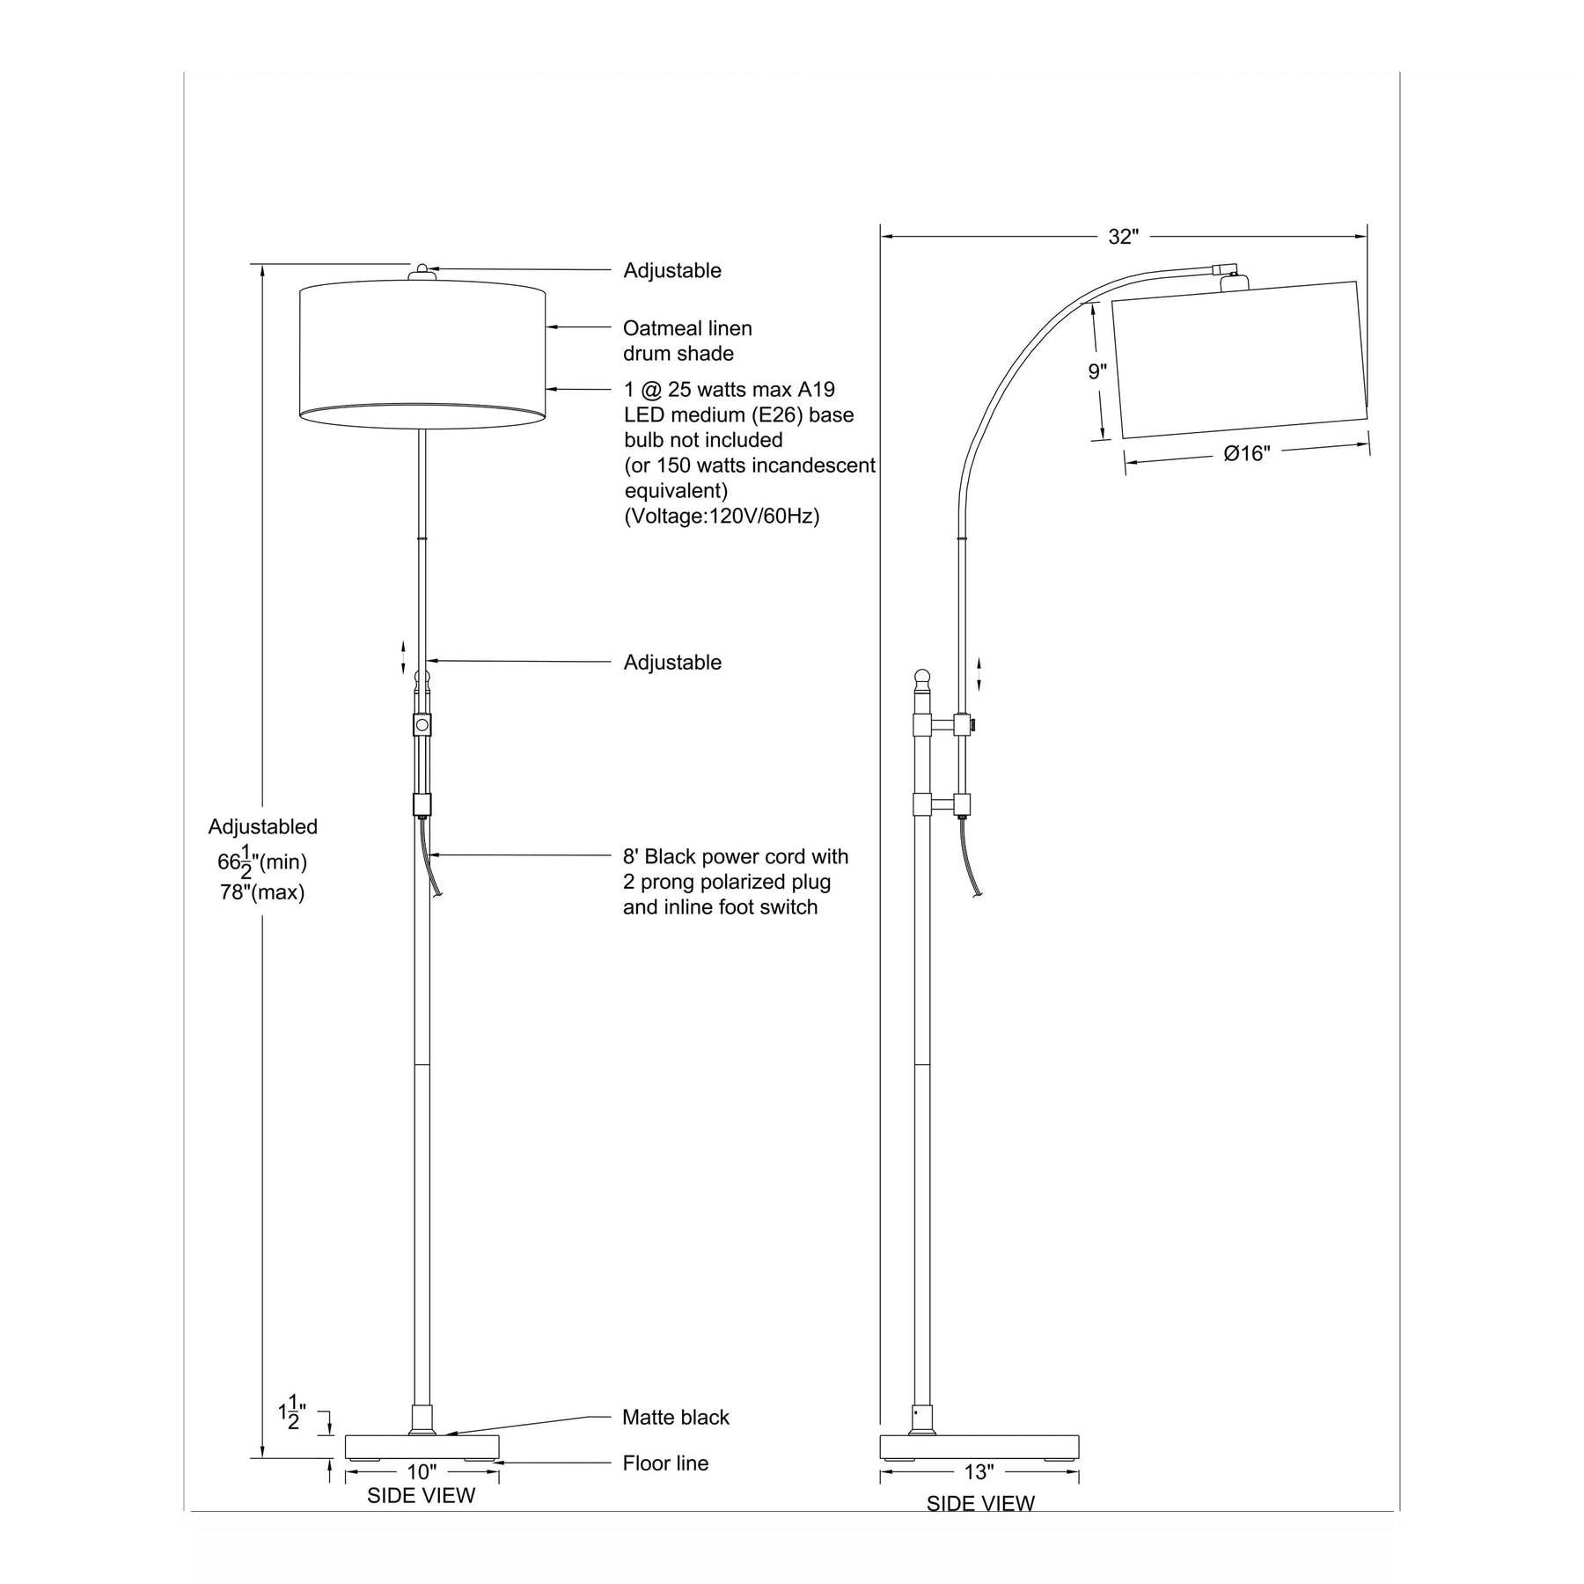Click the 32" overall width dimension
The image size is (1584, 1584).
click(x=1124, y=237)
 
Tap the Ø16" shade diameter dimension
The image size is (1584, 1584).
click(x=1247, y=454)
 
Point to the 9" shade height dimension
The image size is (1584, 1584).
click(x=1097, y=372)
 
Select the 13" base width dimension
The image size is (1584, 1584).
click(x=979, y=1471)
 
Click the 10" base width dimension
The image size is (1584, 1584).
click(x=422, y=1471)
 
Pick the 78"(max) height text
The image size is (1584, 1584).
click(x=262, y=892)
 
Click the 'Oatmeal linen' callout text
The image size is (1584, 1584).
click(x=687, y=328)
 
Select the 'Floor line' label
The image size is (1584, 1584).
click(x=665, y=1463)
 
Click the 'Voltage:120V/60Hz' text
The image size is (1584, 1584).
click(x=722, y=516)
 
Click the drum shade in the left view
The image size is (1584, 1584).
click(x=422, y=355)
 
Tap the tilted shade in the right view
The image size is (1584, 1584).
click(x=1240, y=359)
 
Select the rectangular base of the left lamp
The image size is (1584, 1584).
click(x=422, y=1448)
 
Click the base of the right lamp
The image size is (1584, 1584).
click(x=979, y=1448)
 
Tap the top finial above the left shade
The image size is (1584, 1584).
click(x=422, y=272)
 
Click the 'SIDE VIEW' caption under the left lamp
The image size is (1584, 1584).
click(x=421, y=1495)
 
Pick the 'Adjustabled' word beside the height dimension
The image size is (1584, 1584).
click(x=262, y=827)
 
